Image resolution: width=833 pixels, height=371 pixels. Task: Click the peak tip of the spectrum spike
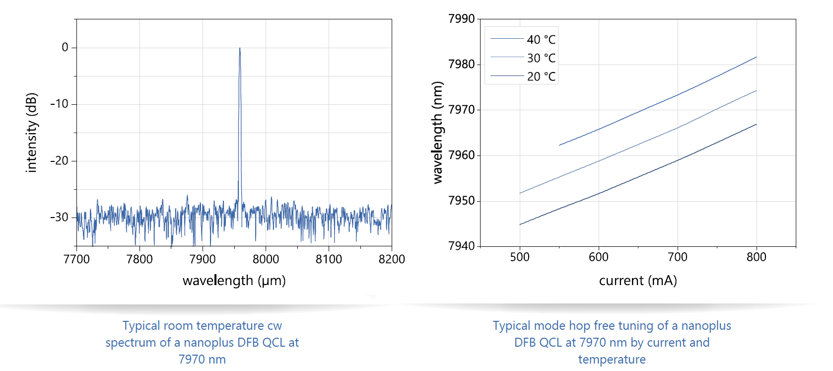[240, 49]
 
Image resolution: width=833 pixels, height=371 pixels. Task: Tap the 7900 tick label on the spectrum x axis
[203, 259]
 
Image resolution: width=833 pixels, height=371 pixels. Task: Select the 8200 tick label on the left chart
[392, 259]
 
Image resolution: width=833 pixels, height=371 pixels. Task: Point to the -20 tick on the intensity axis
[59, 161]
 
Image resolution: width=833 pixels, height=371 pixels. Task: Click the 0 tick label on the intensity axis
[65, 48]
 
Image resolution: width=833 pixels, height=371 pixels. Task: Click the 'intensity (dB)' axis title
[31, 133]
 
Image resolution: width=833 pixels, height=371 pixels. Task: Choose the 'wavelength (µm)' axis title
[234, 281]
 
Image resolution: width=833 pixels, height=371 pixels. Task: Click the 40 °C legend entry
[541, 40]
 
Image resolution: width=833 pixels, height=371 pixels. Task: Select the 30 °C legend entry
[541, 58]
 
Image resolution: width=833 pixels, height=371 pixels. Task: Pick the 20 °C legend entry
[541, 76]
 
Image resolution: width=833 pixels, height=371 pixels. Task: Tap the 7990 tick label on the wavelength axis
[461, 19]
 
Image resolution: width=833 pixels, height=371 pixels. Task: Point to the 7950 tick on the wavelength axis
[461, 201]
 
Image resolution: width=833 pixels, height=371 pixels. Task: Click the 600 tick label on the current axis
[598, 257]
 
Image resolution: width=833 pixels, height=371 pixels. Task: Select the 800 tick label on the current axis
[756, 257]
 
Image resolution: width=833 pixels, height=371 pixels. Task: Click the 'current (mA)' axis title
[638, 281]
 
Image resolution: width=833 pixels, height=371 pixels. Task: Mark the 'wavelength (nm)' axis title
[437, 133]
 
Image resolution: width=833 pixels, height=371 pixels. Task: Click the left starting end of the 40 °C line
[560, 145]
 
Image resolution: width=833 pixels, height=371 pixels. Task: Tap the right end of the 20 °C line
[756, 124]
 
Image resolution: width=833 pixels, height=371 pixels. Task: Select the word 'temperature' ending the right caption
[612, 360]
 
